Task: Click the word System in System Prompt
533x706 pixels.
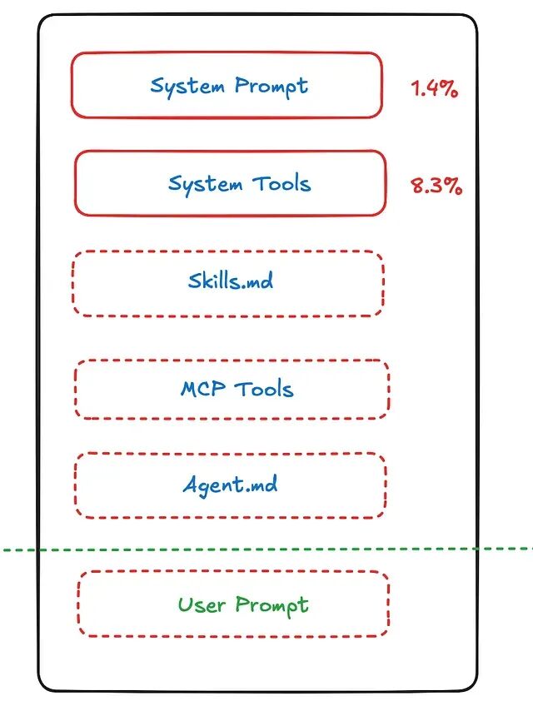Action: pos(188,85)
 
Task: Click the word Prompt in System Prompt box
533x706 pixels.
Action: pos(271,87)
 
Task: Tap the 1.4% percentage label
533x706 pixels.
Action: pos(434,89)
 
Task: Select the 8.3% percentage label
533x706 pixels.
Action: pos(436,185)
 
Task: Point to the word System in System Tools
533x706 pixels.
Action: pos(205,183)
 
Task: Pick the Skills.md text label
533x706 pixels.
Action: pos(230,281)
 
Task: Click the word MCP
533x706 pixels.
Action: pos(202,389)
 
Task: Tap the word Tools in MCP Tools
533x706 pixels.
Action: pos(263,389)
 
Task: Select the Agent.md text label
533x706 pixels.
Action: pos(230,485)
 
